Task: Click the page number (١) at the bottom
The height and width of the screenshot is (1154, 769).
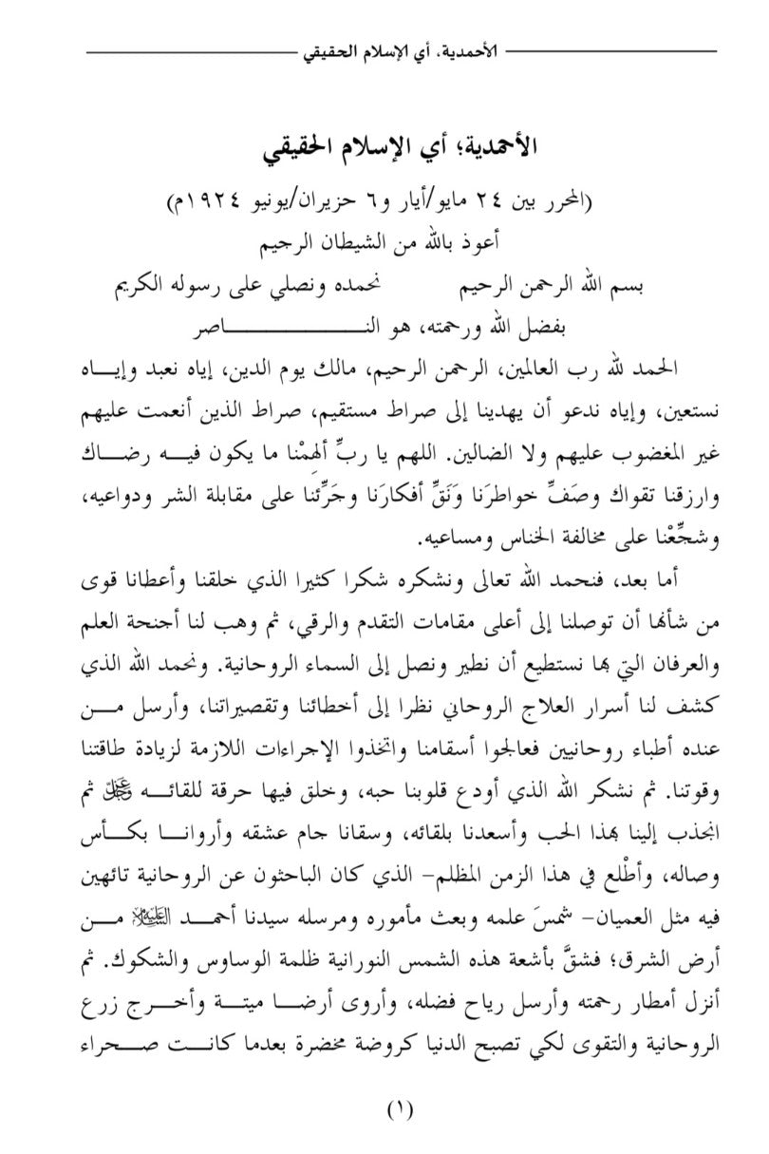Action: click(x=400, y=1107)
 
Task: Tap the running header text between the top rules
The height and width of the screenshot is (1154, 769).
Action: click(x=400, y=47)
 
